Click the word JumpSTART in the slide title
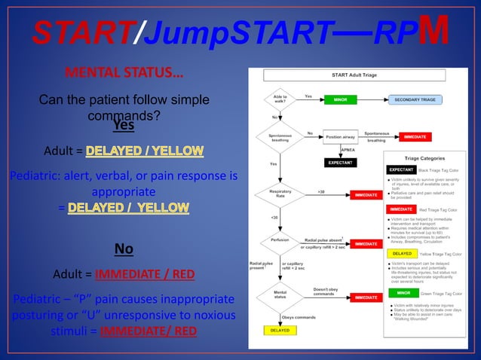[225, 32]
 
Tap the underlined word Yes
[124, 125]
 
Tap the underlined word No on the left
[124, 249]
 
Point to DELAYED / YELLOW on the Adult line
[146, 151]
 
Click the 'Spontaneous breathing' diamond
[280, 137]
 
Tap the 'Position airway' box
[342, 137]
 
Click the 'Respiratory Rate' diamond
[280, 195]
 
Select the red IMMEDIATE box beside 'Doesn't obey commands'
[366, 297]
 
